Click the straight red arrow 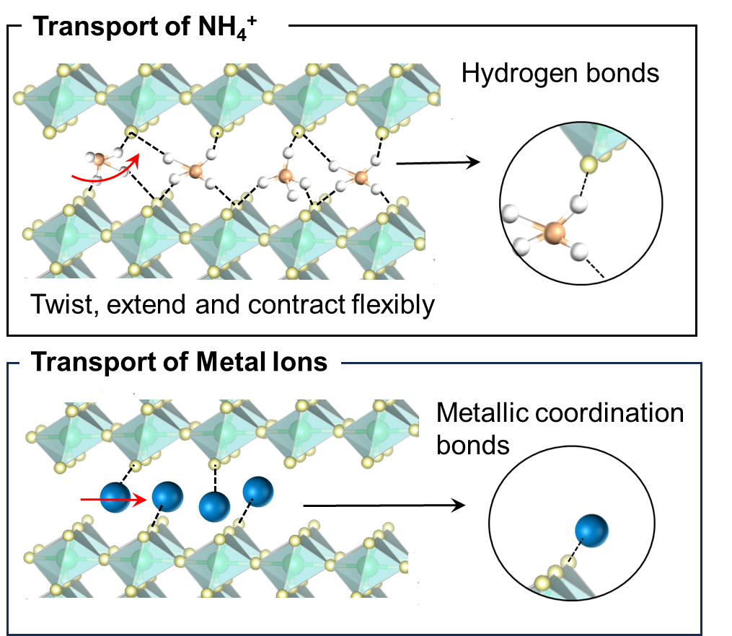(x=101, y=498)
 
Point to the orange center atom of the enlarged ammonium (x=554, y=232)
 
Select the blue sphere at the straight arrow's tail (x=115, y=498)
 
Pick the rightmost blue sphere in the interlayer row (x=257, y=491)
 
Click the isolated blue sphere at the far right (x=591, y=531)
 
